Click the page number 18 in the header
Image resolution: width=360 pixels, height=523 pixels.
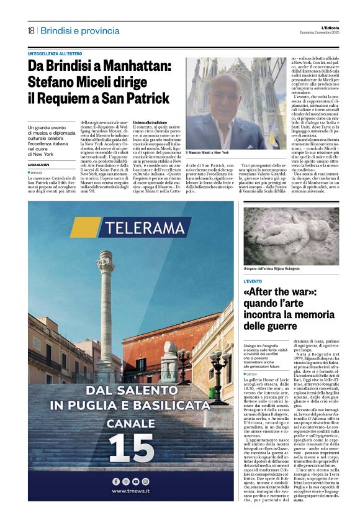coord(31,30)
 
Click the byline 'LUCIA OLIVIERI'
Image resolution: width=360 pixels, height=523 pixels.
coord(40,165)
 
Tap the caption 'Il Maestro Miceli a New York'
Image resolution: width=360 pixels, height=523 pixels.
coord(207,152)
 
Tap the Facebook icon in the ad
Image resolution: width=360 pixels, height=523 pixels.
coord(116,481)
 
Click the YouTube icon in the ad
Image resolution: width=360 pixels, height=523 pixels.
coord(135,481)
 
